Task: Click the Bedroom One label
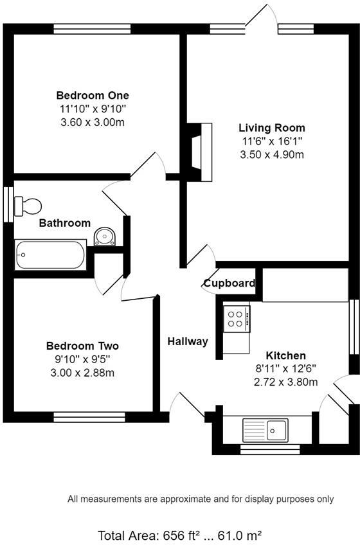pos(92,96)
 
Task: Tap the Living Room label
pos(272,127)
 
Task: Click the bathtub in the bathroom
pos(50,255)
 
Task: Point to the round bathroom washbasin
pos(104,237)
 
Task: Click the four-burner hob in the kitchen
pos(237,319)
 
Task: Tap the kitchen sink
pos(265,427)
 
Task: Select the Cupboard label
pos(230,283)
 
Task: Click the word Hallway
pos(188,341)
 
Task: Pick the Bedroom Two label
pos(82,346)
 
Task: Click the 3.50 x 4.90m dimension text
pos(272,154)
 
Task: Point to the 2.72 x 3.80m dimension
pos(286,382)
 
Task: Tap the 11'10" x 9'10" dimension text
pos(92,109)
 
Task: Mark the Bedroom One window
pos(92,28)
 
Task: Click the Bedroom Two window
pos(90,417)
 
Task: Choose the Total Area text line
pos(179,535)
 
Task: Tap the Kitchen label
pos(286,355)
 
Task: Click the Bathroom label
pos(64,223)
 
